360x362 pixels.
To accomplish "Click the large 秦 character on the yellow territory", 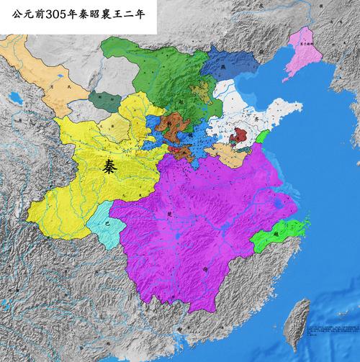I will [109, 167].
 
